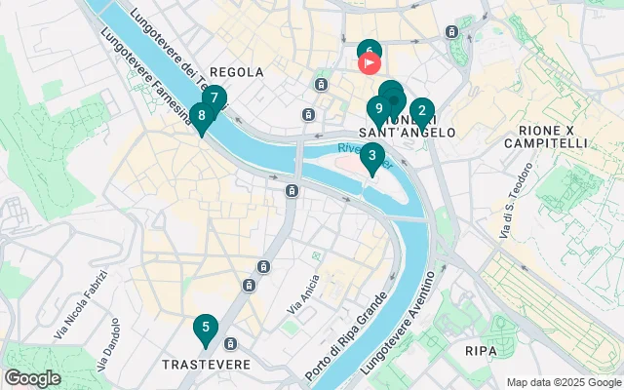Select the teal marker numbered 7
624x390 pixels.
pos(214,98)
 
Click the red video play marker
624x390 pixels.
pos(370,65)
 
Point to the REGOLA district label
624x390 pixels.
pos(236,72)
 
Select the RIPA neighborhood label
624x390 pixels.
pos(481,350)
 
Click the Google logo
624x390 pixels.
pos(32,378)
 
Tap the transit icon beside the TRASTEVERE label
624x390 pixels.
pos(231,344)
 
